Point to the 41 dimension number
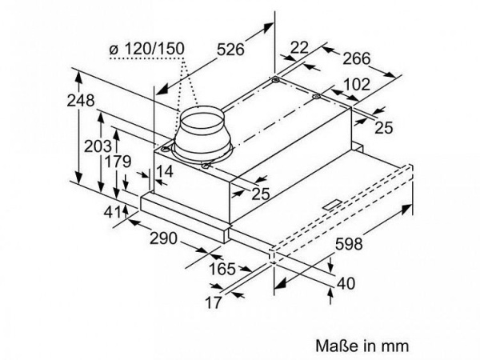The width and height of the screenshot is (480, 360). pos(112,212)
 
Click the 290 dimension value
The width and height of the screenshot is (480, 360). pos(163,238)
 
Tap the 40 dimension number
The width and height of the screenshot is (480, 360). pos(345,282)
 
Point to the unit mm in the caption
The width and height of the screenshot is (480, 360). pos(394,346)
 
